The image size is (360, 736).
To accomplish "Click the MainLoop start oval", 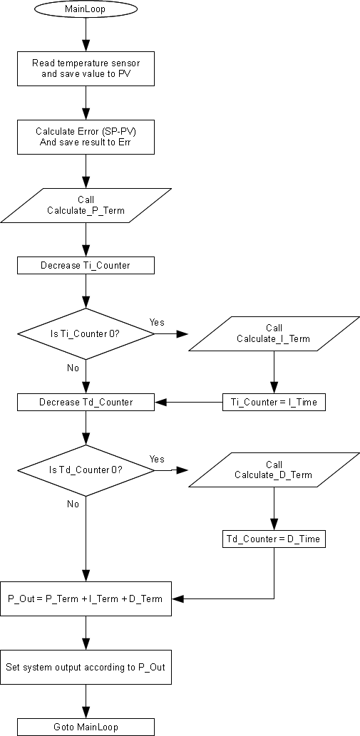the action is click(86, 9).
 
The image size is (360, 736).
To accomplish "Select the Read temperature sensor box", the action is click(86, 68).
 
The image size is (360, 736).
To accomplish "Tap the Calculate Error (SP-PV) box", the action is click(86, 137).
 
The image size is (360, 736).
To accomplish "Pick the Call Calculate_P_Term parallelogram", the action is click(86, 206).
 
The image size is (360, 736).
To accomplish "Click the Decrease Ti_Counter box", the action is click(86, 265).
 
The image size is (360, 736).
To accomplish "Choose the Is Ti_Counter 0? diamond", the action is click(86, 333).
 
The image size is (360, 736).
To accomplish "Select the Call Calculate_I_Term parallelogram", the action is click(274, 333).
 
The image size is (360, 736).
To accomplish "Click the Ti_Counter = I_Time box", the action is click(274, 403).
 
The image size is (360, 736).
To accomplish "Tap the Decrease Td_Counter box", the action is click(86, 403).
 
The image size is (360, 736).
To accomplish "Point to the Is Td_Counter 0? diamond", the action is click(86, 470).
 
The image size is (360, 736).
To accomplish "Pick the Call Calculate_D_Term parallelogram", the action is click(274, 470).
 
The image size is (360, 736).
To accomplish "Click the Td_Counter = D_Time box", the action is click(274, 539).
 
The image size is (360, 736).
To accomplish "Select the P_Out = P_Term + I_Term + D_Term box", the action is click(86, 598).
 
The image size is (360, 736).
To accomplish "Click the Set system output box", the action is click(86, 667).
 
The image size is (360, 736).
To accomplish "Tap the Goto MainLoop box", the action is click(86, 727).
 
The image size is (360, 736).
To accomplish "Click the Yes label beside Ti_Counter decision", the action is click(157, 322).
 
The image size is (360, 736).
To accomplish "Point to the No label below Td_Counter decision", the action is click(73, 504).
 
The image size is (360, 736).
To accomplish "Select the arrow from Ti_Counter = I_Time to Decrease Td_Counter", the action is click(189, 403).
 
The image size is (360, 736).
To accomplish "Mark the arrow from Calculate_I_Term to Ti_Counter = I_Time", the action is click(274, 372).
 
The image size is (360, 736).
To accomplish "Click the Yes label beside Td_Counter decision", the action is click(157, 459).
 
